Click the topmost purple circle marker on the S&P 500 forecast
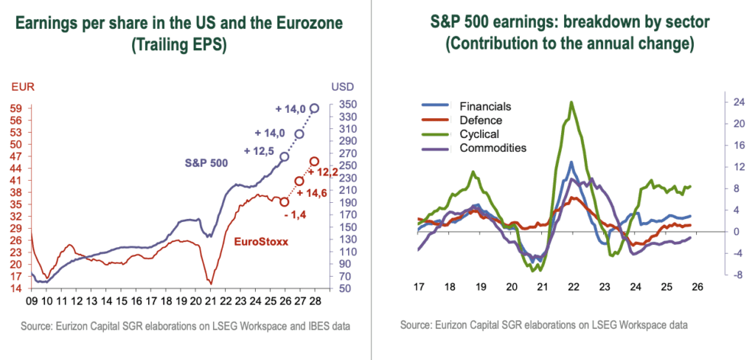tap(315, 108)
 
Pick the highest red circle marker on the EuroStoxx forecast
tap(314, 162)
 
